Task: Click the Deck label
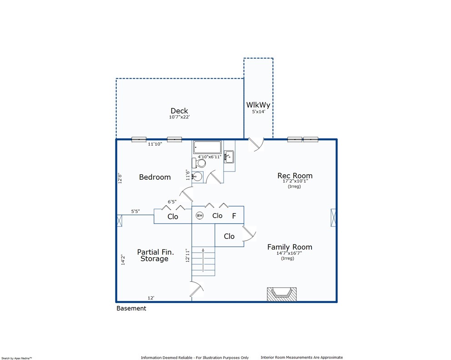click(179, 111)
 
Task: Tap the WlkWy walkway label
click(258, 105)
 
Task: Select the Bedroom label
click(155, 177)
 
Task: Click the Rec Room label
click(295, 175)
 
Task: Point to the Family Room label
click(290, 247)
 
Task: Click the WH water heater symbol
click(200, 215)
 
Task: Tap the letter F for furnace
click(234, 216)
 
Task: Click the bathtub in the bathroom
click(207, 147)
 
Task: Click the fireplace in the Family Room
click(281, 294)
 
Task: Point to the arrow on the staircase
click(203, 260)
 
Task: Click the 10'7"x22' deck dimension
click(179, 117)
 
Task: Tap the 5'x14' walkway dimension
click(259, 112)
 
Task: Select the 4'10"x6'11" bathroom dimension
click(210, 157)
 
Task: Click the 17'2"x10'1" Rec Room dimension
click(295, 181)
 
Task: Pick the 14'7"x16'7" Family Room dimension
click(289, 253)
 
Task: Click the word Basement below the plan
click(131, 308)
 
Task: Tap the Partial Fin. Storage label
click(155, 255)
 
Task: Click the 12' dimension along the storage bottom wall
click(151, 298)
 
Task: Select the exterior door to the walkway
click(256, 144)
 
